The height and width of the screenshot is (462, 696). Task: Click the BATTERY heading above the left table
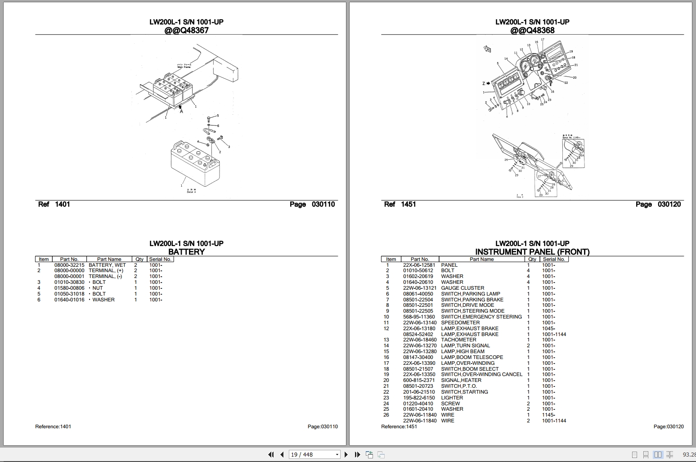point(186,252)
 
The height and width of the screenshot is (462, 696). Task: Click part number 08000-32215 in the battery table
point(69,265)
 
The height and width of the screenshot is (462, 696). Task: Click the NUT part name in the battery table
point(98,288)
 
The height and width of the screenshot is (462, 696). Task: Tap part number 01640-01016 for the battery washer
point(69,300)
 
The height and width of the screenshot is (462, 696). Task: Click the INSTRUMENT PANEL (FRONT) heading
point(532,252)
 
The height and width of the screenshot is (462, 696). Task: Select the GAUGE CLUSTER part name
point(463,288)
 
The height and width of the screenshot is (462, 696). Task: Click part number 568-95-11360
point(419,317)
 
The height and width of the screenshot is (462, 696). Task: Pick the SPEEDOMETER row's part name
point(460,323)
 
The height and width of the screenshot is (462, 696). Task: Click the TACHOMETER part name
point(458,340)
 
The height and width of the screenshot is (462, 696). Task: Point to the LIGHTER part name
point(452,398)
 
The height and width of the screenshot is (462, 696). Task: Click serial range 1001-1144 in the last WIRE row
point(554,421)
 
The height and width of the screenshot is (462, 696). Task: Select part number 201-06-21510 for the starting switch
point(419,392)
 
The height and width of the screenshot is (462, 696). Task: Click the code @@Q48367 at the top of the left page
point(186,31)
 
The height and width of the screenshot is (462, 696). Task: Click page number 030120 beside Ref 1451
point(669,204)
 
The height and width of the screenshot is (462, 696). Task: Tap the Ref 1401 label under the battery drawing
point(54,204)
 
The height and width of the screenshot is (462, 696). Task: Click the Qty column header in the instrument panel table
point(532,259)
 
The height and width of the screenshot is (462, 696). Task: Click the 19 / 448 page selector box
point(314,454)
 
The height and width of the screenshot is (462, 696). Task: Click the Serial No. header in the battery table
point(160,259)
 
